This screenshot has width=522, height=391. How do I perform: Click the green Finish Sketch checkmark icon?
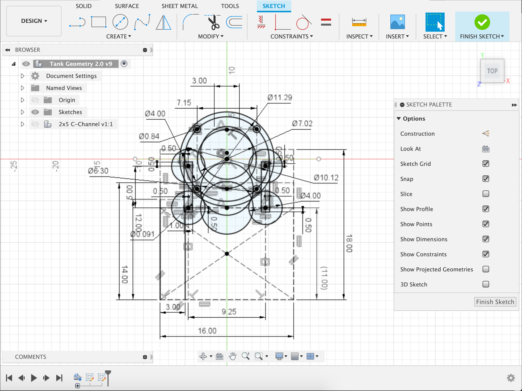(x=482, y=22)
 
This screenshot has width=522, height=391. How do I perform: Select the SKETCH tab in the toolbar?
(x=274, y=6)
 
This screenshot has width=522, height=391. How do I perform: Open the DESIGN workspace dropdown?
(x=34, y=21)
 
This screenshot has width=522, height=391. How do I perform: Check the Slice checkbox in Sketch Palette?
(x=486, y=194)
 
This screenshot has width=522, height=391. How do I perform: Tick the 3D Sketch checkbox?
(x=486, y=284)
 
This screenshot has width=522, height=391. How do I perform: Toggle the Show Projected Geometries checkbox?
(x=486, y=269)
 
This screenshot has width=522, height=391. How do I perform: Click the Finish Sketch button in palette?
(x=495, y=302)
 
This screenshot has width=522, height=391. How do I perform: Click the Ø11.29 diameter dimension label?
(x=280, y=97)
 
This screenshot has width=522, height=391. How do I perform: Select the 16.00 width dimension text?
(x=207, y=331)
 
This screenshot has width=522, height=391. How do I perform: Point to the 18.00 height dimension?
(x=349, y=243)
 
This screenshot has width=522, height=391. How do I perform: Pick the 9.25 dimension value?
(x=229, y=312)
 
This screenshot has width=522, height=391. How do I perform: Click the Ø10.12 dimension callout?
(x=326, y=178)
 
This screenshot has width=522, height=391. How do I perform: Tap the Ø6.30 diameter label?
(x=98, y=171)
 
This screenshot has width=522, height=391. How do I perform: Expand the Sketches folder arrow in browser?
(x=22, y=112)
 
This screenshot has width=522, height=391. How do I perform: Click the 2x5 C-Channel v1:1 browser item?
(x=85, y=124)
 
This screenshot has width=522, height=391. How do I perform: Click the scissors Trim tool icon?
(x=213, y=22)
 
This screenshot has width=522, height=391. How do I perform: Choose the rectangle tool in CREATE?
(x=98, y=22)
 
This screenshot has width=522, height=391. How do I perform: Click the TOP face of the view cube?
(x=492, y=71)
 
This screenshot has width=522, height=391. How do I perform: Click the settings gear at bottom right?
(x=511, y=378)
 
